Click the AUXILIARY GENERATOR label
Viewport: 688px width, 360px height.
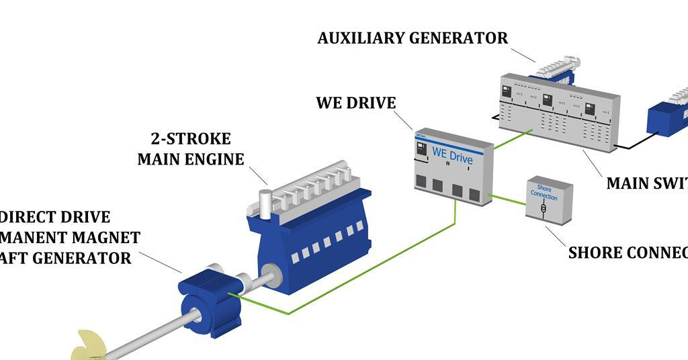click(x=413, y=38)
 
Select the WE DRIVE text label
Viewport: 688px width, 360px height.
click(x=356, y=103)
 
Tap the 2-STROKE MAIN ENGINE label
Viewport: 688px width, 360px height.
click(x=191, y=149)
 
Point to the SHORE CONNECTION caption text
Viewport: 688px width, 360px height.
click(x=628, y=253)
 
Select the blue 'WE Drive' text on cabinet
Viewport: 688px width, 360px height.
click(x=452, y=156)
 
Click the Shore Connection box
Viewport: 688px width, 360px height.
click(x=549, y=199)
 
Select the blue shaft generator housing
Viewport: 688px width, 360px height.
click(x=210, y=302)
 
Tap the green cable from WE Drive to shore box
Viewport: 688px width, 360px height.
click(x=508, y=199)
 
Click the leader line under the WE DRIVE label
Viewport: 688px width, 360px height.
click(x=402, y=120)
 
